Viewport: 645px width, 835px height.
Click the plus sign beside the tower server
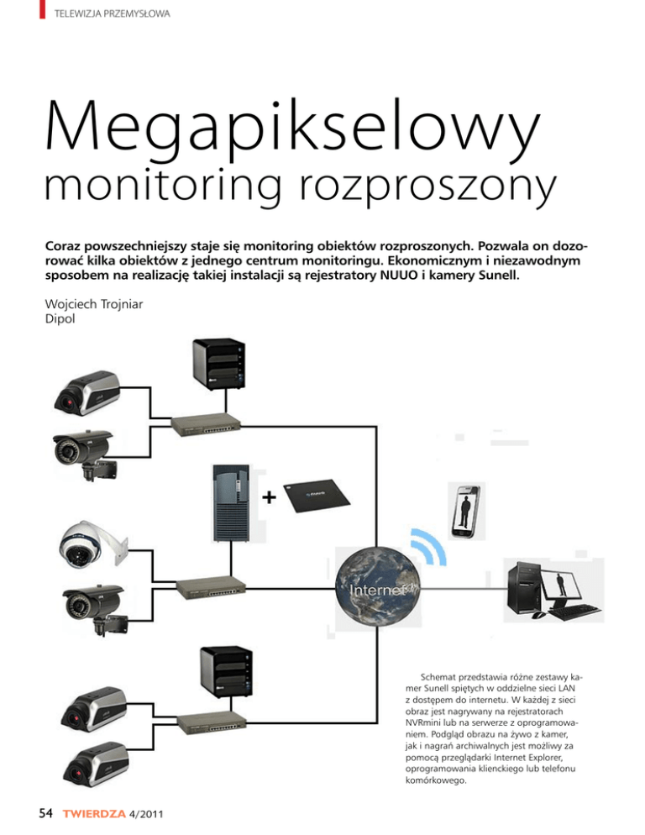point(267,498)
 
